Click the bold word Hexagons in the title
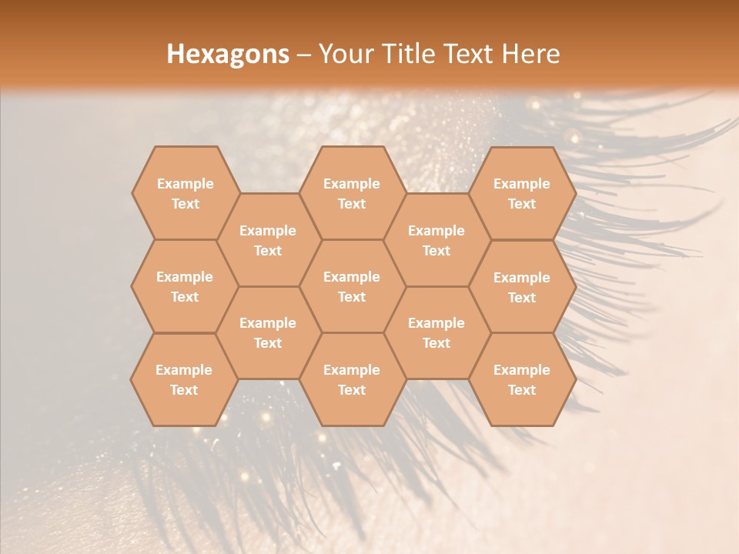228,54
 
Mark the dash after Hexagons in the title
303,55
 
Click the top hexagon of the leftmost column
186,193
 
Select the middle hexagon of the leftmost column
185,286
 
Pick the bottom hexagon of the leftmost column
184,379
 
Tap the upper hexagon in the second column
268,240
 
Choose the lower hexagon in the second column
268,332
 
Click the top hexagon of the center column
352,193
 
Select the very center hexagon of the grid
352,286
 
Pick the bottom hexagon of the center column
352,379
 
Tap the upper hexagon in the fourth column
436,240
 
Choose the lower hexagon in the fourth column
436,332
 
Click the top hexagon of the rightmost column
522,193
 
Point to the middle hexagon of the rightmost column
522,287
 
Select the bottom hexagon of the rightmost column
522,379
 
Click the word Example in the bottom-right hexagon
522,370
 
